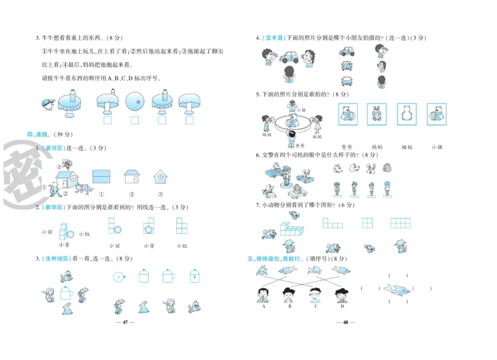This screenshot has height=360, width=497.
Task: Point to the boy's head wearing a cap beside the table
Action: coord(48,102)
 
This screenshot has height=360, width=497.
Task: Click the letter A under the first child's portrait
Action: coord(263,306)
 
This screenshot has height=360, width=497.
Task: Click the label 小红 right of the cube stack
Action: coord(84,234)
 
